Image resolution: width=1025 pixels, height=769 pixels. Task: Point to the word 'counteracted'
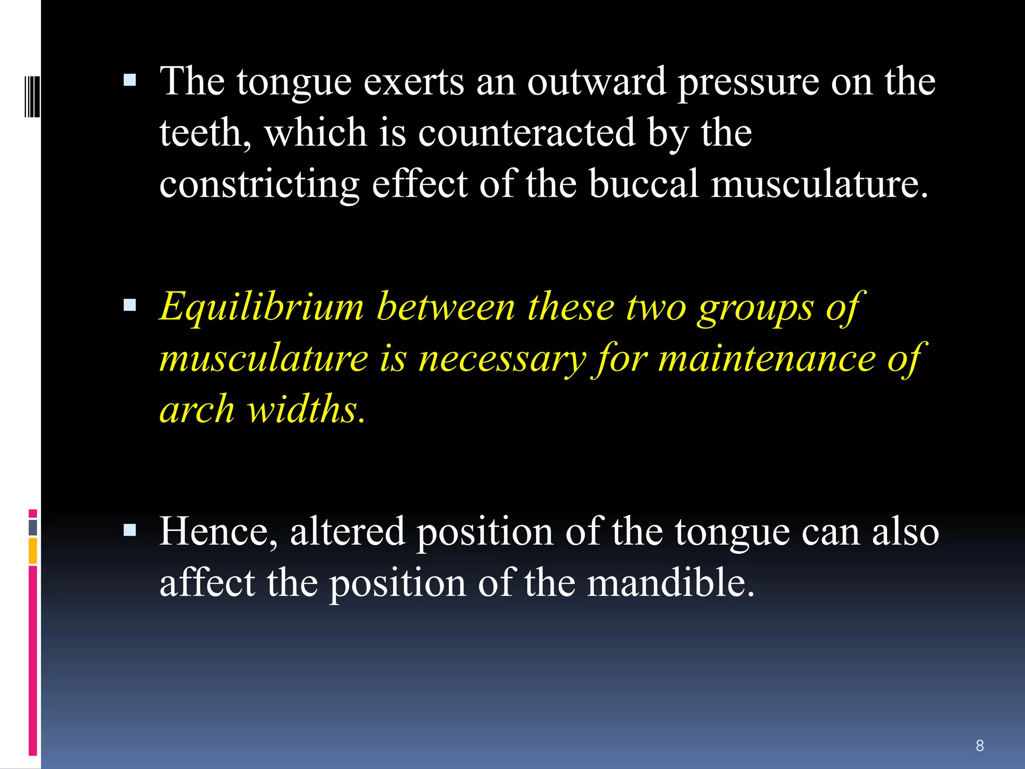[x=527, y=133]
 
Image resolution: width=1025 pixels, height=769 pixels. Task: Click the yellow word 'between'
[x=446, y=307]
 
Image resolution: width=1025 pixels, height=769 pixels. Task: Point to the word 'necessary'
[x=502, y=359]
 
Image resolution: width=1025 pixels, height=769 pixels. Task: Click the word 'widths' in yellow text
[x=306, y=410]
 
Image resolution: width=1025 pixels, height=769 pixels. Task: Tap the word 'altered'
[x=347, y=532]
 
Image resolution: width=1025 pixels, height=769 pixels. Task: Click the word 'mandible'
[x=670, y=583]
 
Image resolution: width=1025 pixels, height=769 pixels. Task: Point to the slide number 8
[x=980, y=745]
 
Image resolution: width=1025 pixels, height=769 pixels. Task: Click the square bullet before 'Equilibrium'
[x=130, y=305]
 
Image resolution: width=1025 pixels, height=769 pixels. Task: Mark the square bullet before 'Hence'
[x=130, y=530]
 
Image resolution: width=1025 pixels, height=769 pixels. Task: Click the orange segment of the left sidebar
[x=33, y=551]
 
